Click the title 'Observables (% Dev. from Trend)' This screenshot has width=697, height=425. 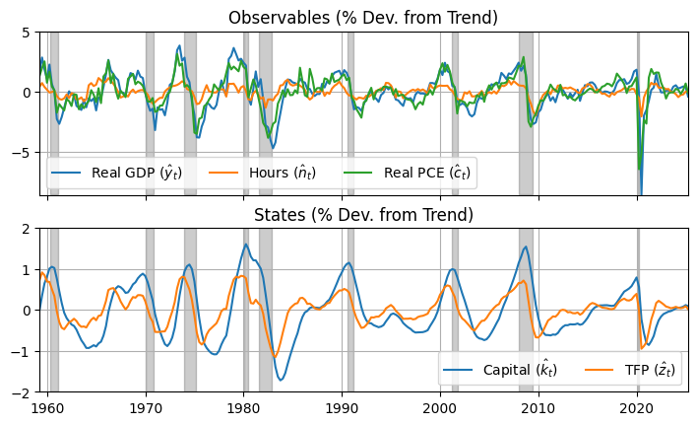coord(363,18)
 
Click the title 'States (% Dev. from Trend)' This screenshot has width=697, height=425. coord(363,215)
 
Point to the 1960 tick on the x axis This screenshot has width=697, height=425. coord(48,405)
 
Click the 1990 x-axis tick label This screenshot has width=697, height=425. coord(343,405)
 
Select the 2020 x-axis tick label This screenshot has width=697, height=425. coord(637,405)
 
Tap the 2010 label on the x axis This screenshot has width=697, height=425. coord(539,405)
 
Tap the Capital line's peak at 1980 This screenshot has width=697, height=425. coord(245,245)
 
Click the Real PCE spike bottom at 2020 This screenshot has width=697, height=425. coord(639,169)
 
